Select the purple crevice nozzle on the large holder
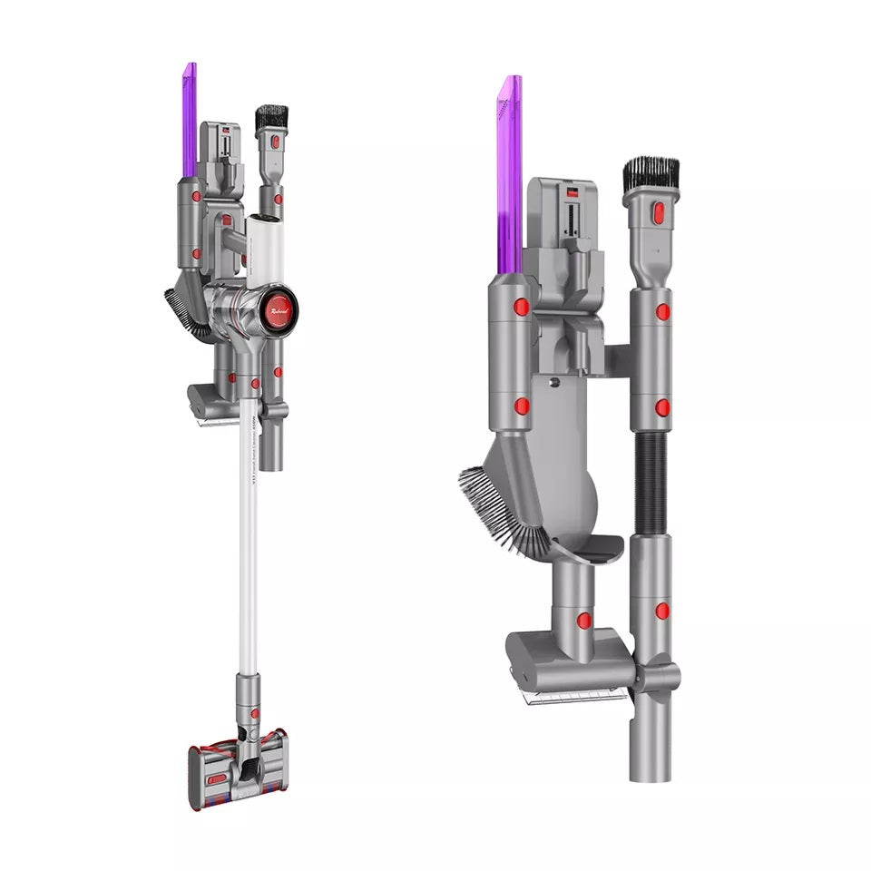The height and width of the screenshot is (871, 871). click(510, 172)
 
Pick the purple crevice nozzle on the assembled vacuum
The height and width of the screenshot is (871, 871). click(189, 118)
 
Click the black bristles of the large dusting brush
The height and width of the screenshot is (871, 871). click(651, 175)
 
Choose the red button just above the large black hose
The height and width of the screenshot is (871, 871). click(663, 407)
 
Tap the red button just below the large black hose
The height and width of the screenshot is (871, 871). click(662, 611)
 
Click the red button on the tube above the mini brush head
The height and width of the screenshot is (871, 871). click(584, 621)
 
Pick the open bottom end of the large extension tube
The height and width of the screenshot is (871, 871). click(651, 767)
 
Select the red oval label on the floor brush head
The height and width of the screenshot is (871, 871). click(219, 778)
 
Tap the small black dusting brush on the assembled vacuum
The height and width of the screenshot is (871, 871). click(271, 118)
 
